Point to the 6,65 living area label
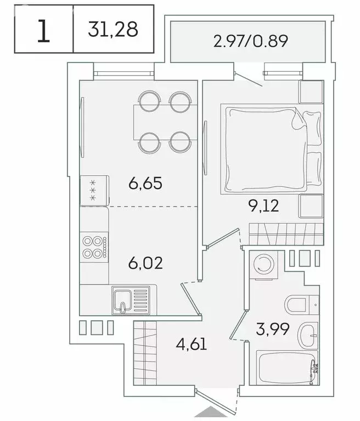point(145,184)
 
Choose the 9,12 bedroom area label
point(263,206)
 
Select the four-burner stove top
point(94,246)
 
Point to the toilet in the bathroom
point(300,304)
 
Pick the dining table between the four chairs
point(164,122)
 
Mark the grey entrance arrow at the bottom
point(216,414)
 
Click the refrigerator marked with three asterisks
point(94,190)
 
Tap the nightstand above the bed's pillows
point(311,91)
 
